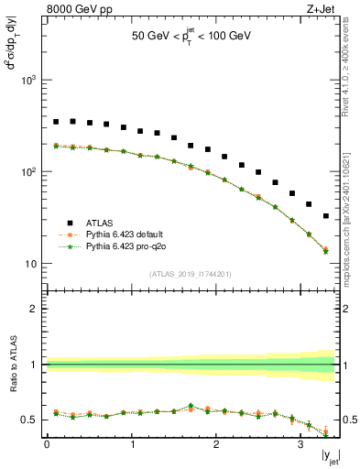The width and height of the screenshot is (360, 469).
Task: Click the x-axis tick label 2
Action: click(x=216, y=445)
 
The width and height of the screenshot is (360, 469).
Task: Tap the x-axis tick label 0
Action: click(x=47, y=445)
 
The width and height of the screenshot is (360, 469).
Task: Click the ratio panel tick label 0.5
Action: click(x=29, y=420)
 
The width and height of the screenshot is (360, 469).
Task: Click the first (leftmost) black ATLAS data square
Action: click(x=56, y=122)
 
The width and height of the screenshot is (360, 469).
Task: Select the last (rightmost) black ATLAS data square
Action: click(x=326, y=216)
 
